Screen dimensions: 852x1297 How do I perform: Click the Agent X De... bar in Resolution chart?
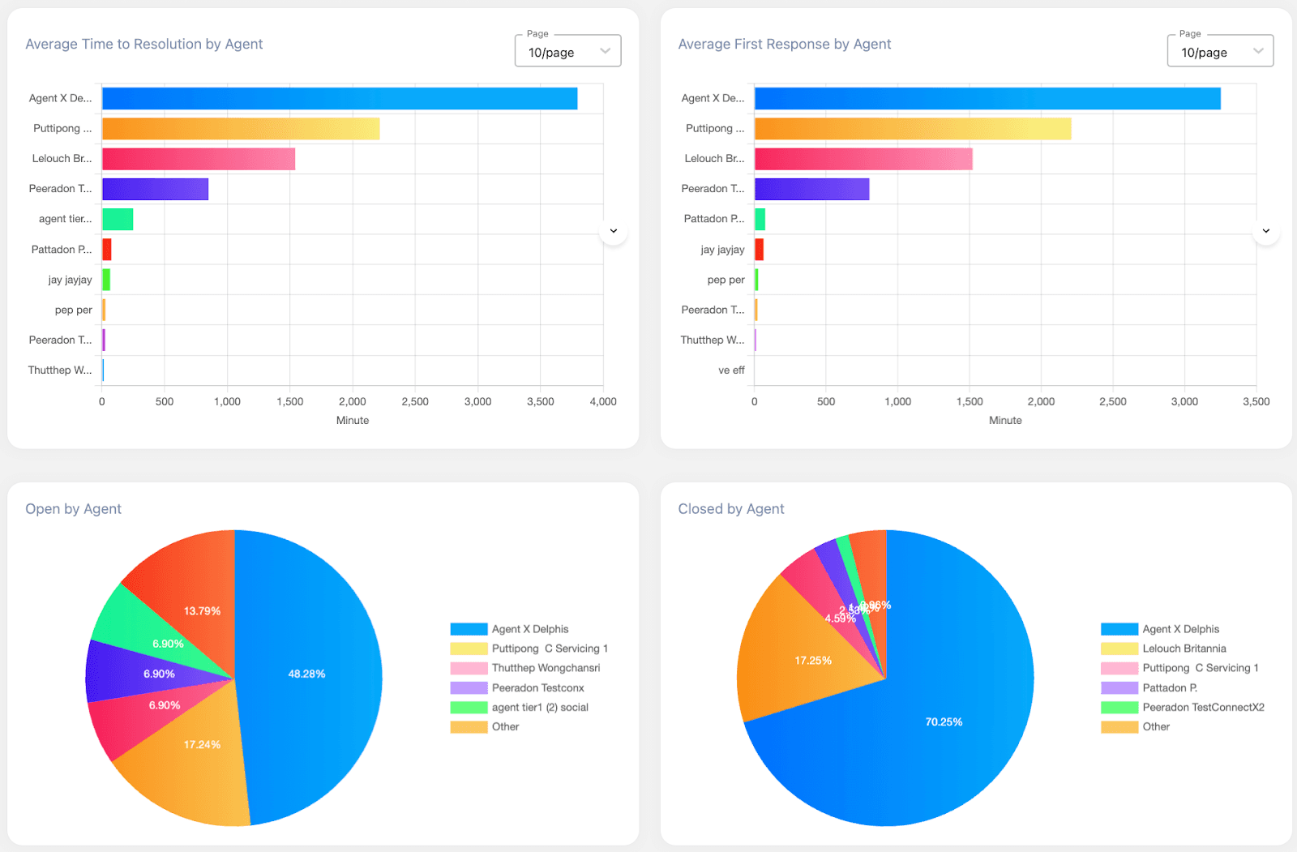(339, 98)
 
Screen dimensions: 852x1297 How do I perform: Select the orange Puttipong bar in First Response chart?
(912, 129)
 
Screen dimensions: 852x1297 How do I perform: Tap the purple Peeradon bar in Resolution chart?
(155, 189)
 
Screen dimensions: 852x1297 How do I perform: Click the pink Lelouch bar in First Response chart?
(863, 159)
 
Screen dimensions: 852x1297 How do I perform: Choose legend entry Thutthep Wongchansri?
(546, 668)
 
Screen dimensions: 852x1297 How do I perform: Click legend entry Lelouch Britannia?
(1184, 649)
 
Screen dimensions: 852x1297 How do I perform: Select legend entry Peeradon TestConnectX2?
(1203, 707)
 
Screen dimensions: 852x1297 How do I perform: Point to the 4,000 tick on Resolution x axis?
(603, 401)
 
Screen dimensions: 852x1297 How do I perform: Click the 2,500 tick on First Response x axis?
(1112, 401)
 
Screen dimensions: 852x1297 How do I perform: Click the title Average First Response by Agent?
(784, 45)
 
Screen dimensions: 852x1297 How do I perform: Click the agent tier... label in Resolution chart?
(65, 219)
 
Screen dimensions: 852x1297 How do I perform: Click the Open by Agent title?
(73, 509)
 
